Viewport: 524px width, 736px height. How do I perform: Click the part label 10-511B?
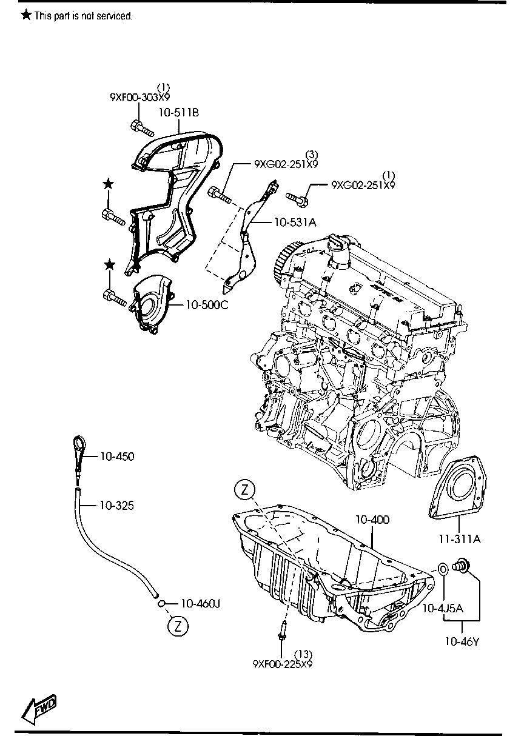point(179,113)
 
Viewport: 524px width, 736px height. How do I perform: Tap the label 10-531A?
point(295,222)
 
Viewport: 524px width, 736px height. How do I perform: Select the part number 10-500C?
point(207,305)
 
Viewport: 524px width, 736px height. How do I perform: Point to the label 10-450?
point(118,457)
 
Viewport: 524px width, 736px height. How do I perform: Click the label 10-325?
point(116,506)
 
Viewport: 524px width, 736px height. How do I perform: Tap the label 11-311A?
point(460,539)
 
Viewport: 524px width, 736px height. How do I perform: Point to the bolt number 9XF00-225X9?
point(282,664)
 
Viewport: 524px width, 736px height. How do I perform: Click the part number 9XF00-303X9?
point(139,97)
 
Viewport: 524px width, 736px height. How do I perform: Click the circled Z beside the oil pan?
point(244,490)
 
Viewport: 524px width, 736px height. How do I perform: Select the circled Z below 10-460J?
point(178,626)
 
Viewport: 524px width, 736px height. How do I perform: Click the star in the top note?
point(26,15)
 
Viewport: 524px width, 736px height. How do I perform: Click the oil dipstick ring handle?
point(79,442)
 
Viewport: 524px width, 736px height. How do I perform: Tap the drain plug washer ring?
point(443,569)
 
